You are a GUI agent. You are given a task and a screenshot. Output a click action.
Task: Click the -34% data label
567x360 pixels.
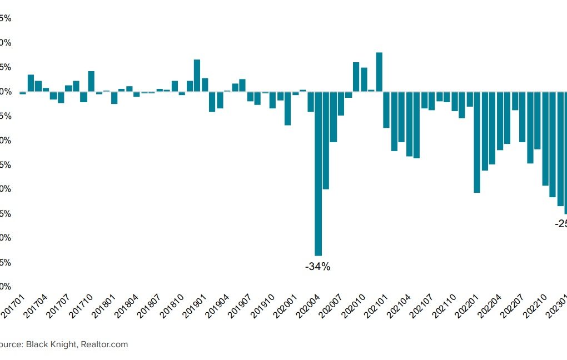click(x=317, y=267)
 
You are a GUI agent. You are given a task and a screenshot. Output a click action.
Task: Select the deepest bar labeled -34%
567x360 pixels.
click(x=319, y=173)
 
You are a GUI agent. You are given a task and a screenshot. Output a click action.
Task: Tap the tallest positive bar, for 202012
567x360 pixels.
click(x=379, y=72)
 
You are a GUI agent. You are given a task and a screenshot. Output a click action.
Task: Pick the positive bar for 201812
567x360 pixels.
click(x=197, y=76)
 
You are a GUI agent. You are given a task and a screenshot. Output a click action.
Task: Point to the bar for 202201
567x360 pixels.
click(x=477, y=142)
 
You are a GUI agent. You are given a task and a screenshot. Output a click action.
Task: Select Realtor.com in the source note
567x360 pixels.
click(x=105, y=344)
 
